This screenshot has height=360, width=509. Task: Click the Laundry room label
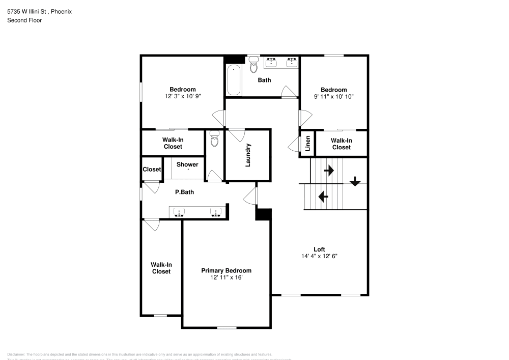tap(248, 155)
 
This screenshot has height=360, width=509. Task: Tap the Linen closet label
tap(307, 144)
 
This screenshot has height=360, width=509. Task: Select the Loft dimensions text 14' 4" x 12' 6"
tap(319, 256)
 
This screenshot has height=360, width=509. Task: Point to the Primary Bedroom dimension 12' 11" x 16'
tap(226, 278)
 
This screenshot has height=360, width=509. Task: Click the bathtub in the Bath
tap(234, 80)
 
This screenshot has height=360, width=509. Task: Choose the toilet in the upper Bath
tap(253, 65)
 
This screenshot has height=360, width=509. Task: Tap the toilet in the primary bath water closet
tap(214, 139)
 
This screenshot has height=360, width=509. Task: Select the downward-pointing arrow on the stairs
tap(355, 181)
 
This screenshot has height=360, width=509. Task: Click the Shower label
tap(187, 164)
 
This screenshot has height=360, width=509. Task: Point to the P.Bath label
tap(184, 192)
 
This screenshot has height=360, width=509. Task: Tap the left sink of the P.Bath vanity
tap(179, 212)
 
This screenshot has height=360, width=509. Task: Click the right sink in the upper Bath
tap(292, 62)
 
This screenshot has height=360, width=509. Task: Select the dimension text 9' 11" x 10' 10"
tap(333, 96)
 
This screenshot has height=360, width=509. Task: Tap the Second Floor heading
tap(24, 20)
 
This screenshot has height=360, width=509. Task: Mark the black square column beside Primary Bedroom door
tap(263, 214)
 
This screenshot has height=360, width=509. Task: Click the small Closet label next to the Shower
tap(152, 169)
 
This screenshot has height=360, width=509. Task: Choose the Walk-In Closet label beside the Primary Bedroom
tap(161, 268)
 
